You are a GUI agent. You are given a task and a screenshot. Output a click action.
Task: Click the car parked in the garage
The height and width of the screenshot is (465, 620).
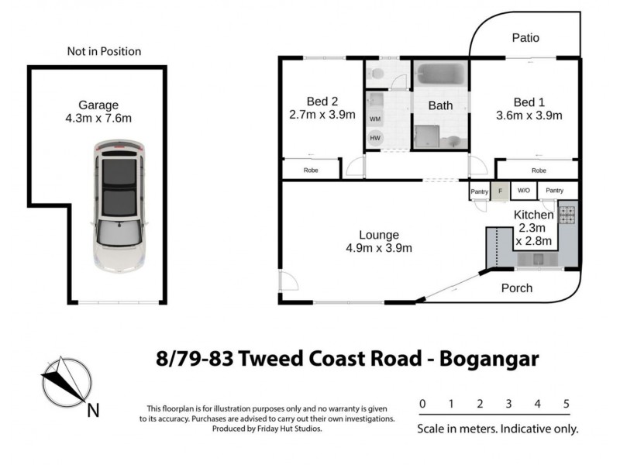point(118,205)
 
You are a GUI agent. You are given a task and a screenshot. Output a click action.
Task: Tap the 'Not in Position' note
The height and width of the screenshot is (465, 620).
point(104,52)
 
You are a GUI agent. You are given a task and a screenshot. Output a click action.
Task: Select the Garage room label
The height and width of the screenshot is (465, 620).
point(98,105)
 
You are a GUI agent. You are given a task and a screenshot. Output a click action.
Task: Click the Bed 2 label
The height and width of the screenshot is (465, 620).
point(322,101)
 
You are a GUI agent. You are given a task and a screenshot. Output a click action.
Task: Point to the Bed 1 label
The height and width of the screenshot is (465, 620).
point(529,101)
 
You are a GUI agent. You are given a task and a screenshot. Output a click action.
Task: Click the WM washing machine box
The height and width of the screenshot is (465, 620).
point(375,119)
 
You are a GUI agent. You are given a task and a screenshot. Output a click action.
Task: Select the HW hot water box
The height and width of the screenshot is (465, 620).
point(375,137)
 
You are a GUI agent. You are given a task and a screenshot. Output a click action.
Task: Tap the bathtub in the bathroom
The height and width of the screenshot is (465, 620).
point(440,74)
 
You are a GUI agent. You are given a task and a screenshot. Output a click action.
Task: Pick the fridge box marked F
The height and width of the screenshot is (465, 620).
point(500,191)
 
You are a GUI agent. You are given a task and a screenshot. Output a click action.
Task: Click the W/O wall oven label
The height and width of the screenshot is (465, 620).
point(523,191)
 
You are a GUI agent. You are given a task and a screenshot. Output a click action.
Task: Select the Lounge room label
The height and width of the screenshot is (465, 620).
point(378,235)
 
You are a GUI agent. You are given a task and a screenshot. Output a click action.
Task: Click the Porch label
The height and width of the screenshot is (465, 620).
point(517,288)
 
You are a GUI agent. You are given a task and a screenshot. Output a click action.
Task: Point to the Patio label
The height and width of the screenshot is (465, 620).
point(525,38)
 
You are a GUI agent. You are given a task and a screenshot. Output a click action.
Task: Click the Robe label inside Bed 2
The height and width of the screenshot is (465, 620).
point(310,170)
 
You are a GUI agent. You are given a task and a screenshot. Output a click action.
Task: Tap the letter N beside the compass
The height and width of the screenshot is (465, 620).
point(92,410)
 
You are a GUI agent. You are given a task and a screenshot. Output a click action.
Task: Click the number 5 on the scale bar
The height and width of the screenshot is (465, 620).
point(567,404)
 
